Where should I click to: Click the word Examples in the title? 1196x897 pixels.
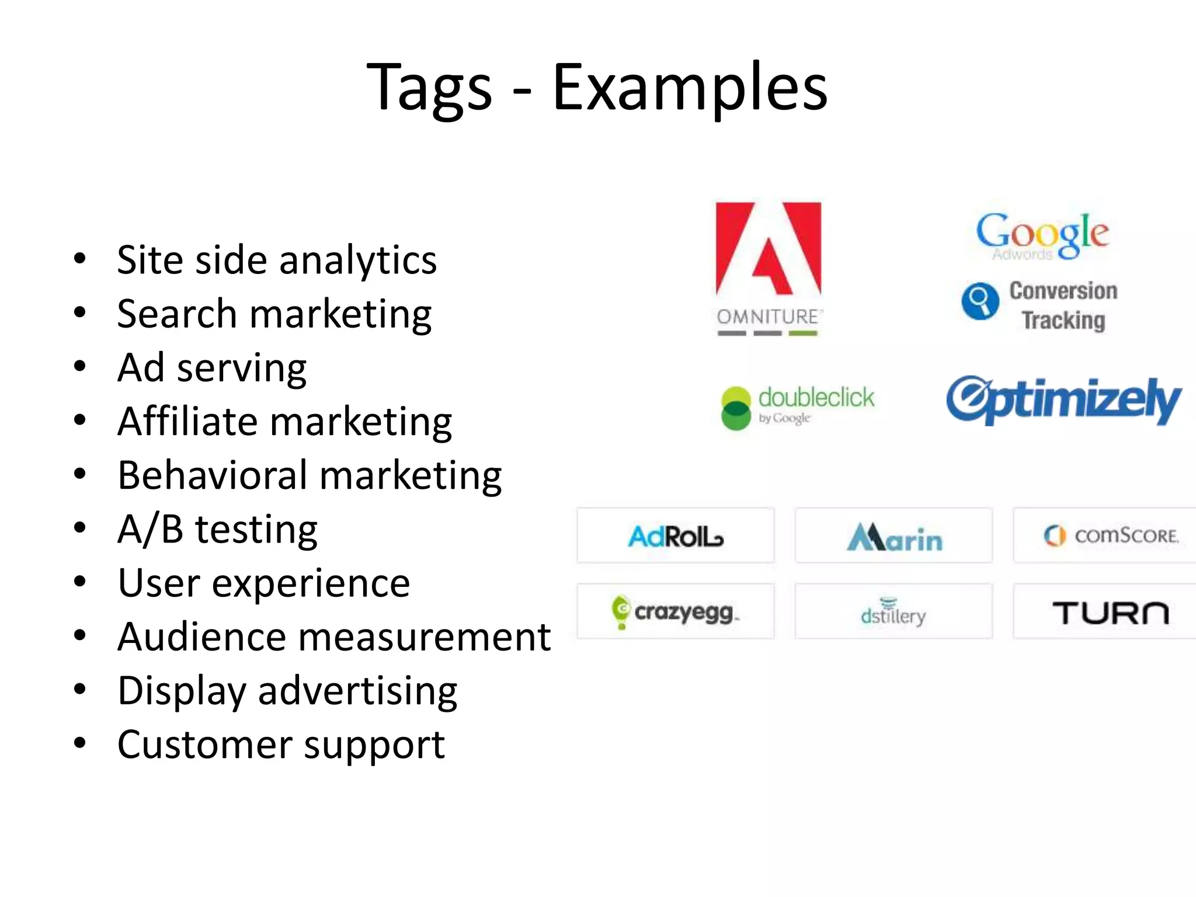pyautogui.click(x=690, y=88)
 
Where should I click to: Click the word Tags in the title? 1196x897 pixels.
pyautogui.click(x=429, y=88)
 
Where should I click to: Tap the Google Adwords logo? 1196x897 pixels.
pyautogui.click(x=1042, y=235)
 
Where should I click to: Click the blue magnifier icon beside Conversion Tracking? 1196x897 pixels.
pyautogui.click(x=981, y=301)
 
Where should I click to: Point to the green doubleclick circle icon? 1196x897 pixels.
pyautogui.click(x=736, y=408)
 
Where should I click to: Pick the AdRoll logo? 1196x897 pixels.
pyautogui.click(x=676, y=536)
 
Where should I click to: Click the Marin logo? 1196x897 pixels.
pyautogui.click(x=894, y=537)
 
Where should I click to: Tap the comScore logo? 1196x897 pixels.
pyautogui.click(x=1111, y=536)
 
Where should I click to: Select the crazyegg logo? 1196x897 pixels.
pyautogui.click(x=676, y=612)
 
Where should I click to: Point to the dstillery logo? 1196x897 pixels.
pyautogui.click(x=893, y=613)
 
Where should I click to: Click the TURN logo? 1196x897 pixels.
pyautogui.click(x=1110, y=613)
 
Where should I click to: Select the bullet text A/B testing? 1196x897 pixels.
pyautogui.click(x=217, y=530)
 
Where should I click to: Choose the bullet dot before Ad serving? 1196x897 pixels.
pyautogui.click(x=80, y=367)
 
